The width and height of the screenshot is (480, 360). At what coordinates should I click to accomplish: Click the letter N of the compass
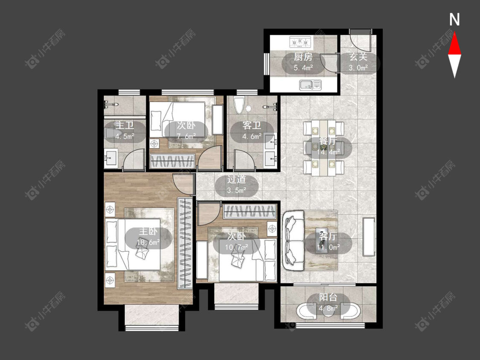pos(454,20)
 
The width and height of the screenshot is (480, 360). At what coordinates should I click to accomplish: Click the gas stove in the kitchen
pos(300,42)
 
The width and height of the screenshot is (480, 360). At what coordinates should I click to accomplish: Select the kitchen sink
pos(311,84)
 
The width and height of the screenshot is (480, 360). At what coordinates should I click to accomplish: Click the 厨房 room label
pos(303,57)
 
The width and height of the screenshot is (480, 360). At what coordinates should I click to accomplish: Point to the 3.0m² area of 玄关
pos(358,68)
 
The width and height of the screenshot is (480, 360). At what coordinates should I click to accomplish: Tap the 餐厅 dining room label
pos(328,141)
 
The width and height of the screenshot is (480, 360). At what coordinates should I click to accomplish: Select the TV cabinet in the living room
pos(369,237)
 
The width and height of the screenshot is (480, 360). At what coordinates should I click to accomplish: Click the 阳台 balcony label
pos(328,297)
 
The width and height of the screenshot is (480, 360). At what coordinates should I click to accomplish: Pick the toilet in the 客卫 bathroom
pos(239,105)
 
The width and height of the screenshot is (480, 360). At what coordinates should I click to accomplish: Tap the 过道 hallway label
pos(236,180)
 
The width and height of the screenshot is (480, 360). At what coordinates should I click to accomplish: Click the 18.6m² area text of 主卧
pos(148,242)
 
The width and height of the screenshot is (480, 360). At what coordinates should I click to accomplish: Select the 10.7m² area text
pos(236,247)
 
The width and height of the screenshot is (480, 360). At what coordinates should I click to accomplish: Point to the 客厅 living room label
pos(328,236)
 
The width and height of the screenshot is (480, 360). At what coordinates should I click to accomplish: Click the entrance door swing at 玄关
pos(360,41)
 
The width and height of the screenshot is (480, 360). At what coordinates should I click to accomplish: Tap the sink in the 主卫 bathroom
pos(111,158)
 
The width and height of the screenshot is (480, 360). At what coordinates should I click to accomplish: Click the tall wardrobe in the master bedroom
pos(185,243)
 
